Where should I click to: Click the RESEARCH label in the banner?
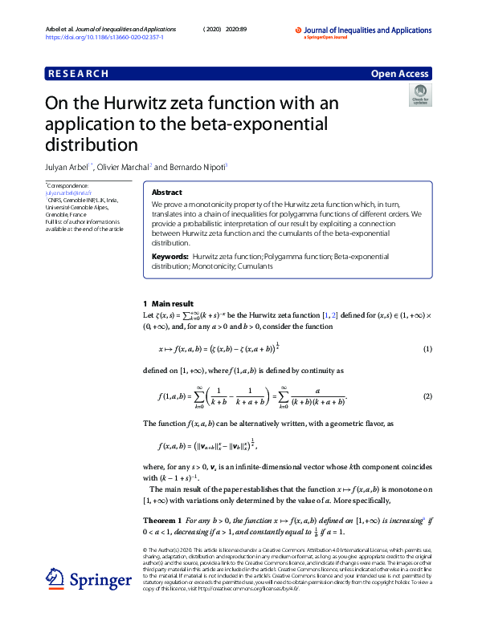pyautogui.click(x=78, y=74)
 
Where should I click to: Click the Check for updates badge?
pyautogui.click(x=419, y=98)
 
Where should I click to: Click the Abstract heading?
pyautogui.click(x=166, y=193)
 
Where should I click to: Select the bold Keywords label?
pyautogui.click(x=170, y=256)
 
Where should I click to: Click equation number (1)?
pyautogui.click(x=427, y=349)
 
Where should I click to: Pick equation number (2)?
pyautogui.click(x=427, y=396)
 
